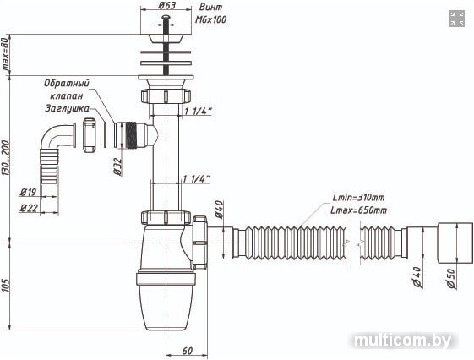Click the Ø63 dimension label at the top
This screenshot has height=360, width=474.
coord(166,5)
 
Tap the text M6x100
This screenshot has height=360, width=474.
coord(210,19)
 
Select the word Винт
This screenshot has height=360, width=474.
coord(210,7)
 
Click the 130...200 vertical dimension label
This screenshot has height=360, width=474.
coord(6,157)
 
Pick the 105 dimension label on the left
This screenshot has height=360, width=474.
coord(6,285)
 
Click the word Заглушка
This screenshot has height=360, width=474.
coord(67,108)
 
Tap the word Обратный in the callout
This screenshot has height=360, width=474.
coord(67,83)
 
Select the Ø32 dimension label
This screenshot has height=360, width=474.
coord(117,166)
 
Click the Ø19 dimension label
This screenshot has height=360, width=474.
coord(28,192)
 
